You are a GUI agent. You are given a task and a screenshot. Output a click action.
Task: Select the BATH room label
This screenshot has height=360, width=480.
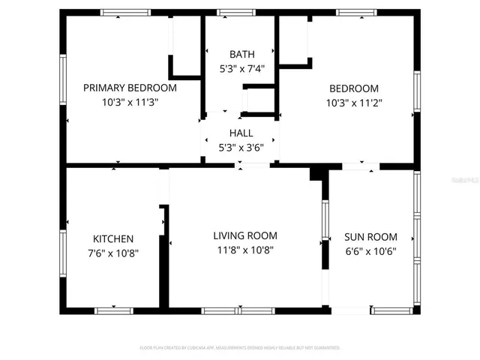(241, 54)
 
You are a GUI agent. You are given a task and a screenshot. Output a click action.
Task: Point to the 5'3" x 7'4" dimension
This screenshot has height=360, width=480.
(241, 69)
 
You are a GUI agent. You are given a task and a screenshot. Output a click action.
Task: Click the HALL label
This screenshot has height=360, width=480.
(241, 133)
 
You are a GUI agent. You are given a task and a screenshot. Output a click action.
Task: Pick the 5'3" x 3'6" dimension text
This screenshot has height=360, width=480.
(241, 148)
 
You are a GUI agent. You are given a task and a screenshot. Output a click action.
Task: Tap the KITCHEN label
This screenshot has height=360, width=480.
(113, 238)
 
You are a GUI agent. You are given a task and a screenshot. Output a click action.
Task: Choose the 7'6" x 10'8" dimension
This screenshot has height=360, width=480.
(113, 253)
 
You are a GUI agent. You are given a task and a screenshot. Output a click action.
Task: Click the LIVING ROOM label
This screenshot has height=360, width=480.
(245, 235)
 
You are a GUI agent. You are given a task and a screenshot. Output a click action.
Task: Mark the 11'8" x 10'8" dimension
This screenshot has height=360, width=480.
(245, 250)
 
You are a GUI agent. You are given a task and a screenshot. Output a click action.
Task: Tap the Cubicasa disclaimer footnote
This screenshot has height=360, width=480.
(240, 348)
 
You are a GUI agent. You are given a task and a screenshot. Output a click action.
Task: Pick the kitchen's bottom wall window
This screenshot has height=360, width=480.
(113, 310)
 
